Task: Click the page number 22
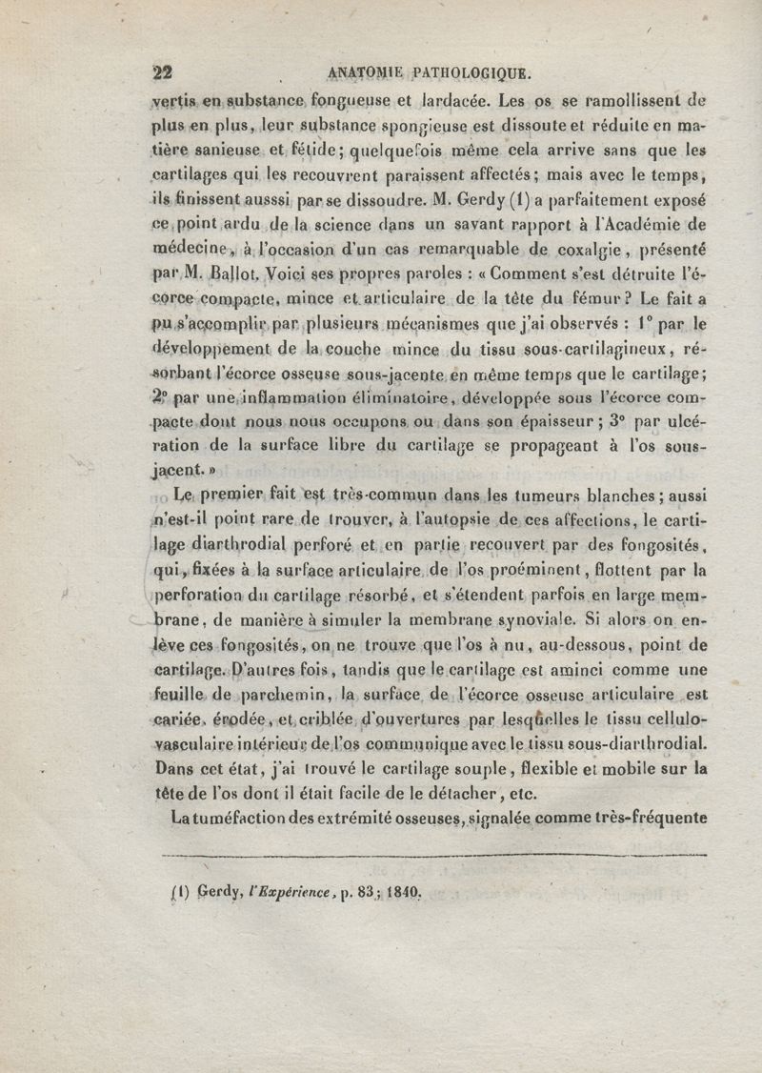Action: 162,72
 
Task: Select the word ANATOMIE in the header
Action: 366,72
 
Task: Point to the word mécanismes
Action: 388,324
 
